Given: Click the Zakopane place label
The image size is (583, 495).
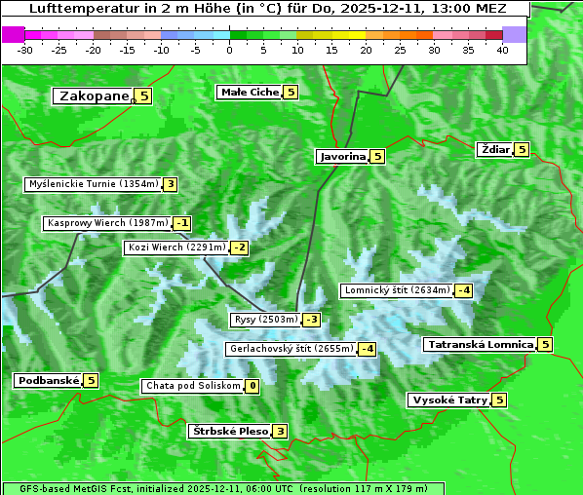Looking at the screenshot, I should [94, 95].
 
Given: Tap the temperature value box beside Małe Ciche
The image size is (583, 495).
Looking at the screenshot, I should [291, 93].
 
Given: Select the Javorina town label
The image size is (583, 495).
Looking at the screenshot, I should [342, 156].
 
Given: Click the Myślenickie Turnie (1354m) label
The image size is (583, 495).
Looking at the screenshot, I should [93, 184].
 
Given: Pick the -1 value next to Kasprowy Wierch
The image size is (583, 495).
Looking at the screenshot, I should [182, 223].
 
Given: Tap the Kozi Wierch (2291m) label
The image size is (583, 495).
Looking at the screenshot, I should [176, 247].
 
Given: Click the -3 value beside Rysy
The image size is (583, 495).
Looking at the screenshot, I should [311, 320].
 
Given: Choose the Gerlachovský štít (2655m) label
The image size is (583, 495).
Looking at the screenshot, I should [291, 349].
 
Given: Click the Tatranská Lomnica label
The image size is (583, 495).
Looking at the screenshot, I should [480, 344].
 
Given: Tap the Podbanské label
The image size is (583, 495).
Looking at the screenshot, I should [48, 380].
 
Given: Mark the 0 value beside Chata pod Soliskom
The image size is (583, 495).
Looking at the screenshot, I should [252, 386].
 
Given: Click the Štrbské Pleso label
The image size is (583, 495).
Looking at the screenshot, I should [229, 431].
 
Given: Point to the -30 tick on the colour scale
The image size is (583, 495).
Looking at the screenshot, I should [26, 50].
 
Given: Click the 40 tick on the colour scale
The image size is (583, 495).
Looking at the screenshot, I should [502, 50].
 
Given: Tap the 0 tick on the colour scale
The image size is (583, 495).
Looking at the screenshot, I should [229, 50].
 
